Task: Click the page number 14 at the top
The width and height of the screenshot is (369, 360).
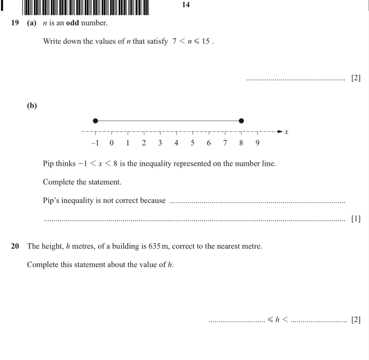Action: (x=186, y=5)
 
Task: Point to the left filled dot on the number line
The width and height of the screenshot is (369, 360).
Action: (x=95, y=121)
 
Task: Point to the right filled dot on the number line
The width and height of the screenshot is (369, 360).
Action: (x=241, y=121)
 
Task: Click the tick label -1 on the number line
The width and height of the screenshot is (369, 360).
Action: (x=94, y=143)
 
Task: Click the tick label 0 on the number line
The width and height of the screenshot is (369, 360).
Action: (x=111, y=143)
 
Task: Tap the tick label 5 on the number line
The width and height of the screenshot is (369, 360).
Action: (x=192, y=143)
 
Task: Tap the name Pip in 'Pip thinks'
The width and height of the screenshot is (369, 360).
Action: (x=48, y=164)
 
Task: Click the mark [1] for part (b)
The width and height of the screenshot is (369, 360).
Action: (x=356, y=219)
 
